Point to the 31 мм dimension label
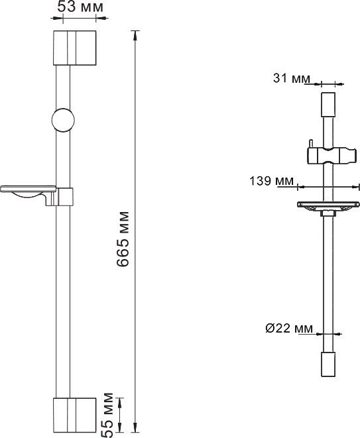click(292, 79)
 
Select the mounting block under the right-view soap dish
click(328, 213)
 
